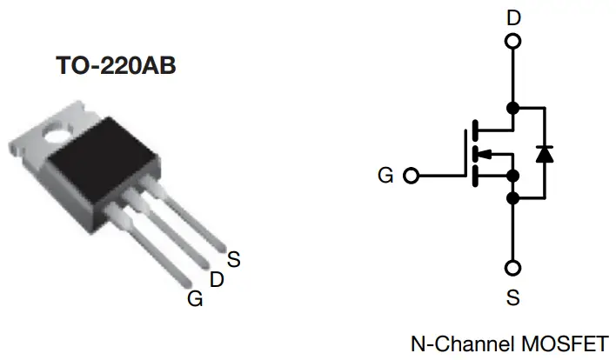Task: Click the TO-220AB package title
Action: (x=116, y=66)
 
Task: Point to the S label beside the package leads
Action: (x=233, y=258)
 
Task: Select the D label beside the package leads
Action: (x=217, y=279)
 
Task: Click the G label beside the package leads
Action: (x=196, y=299)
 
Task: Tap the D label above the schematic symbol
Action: (x=513, y=18)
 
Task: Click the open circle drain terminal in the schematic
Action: (x=513, y=41)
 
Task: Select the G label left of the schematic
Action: (x=385, y=177)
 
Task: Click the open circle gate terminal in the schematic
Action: (x=412, y=177)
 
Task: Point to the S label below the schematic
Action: (x=513, y=297)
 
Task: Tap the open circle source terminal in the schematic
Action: (x=513, y=268)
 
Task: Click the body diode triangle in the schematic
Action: (x=545, y=154)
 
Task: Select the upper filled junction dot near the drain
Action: (x=513, y=108)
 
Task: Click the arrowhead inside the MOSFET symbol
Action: (x=485, y=154)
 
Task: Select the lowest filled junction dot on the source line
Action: (x=513, y=198)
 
